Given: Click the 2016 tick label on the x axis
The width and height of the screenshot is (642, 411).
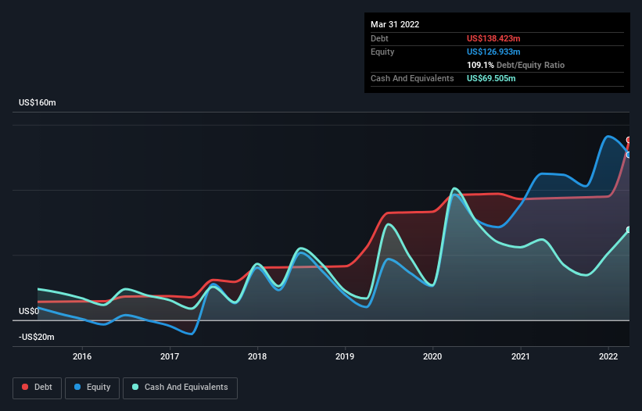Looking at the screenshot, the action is pos(82,356).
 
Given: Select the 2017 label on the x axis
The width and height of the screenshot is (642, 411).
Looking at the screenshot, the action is pos(170,356).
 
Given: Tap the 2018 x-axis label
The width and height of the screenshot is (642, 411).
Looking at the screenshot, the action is pos(257,356).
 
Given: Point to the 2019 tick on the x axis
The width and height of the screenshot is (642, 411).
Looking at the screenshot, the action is pos(345,356).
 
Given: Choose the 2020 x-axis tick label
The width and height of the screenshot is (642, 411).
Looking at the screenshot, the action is pos(432,356).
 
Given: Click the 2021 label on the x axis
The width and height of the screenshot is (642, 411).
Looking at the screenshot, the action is pos(520,356).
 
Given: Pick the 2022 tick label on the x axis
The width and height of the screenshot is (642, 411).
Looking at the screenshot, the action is pos(608,356).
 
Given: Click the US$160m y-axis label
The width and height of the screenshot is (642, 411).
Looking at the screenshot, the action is pos(38,102).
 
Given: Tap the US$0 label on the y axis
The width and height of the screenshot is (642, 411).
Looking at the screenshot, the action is pos(29,311).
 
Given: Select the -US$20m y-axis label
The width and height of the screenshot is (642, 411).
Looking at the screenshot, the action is pos(37,337).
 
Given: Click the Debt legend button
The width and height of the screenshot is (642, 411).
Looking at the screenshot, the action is pos(37,388).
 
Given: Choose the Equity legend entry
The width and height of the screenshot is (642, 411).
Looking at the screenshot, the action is pos(92,388).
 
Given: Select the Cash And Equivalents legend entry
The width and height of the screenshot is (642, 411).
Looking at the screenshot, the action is pos(180,388).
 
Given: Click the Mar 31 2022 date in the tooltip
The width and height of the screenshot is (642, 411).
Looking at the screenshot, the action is pos(395,24).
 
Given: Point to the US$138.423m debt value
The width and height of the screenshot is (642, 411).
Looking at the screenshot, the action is pos(493,38).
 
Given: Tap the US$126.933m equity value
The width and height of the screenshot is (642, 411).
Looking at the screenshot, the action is pos(493,52).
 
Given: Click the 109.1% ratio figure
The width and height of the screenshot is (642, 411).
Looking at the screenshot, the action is pos(480,65).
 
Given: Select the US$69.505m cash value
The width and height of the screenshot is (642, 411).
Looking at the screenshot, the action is pos(491,78).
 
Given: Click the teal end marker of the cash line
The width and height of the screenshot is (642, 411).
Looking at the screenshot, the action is pos(629,230).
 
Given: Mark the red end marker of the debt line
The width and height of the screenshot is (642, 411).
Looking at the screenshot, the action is pos(629,140).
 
